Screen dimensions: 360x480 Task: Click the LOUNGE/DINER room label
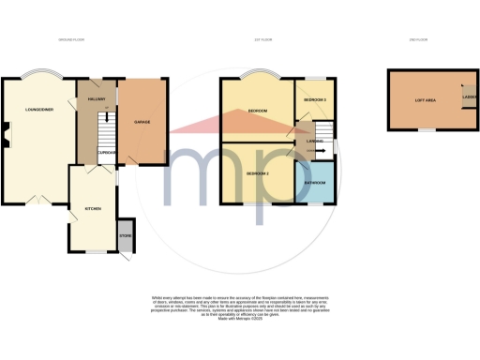(x=38, y=111)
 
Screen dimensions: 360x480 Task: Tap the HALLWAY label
(x=95, y=97)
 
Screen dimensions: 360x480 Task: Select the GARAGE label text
(x=143, y=124)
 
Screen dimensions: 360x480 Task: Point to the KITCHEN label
(x=93, y=208)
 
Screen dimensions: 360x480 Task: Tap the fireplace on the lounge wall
(x=6, y=142)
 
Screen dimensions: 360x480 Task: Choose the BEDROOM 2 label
(x=257, y=174)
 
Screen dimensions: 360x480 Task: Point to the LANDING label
(x=315, y=142)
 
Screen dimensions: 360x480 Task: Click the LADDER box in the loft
(x=466, y=97)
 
